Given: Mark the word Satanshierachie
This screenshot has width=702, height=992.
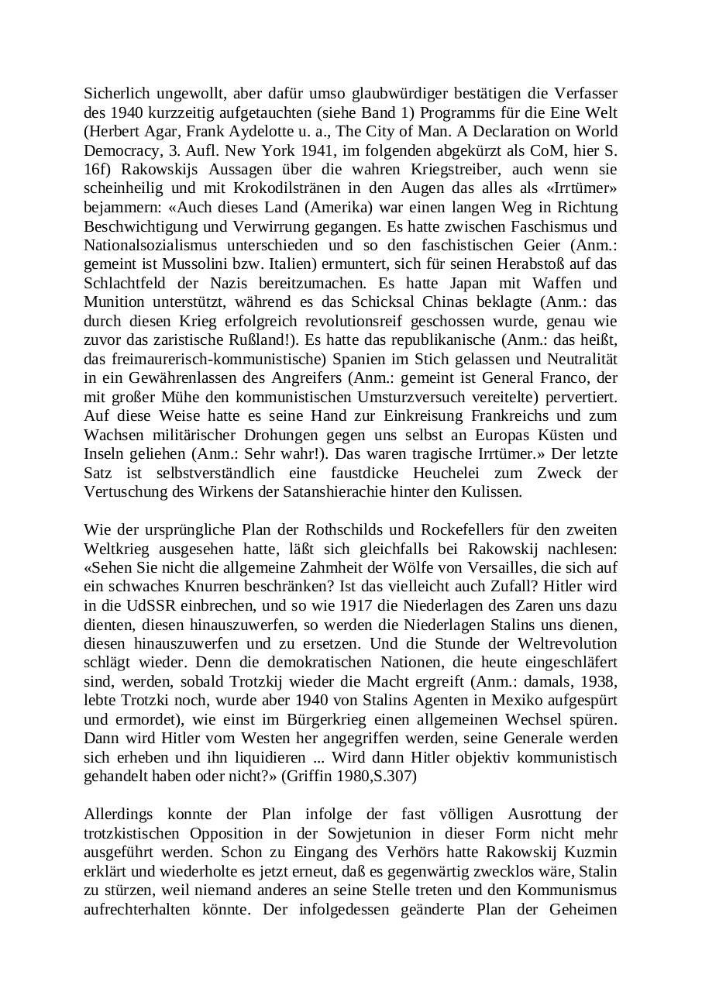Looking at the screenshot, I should (373, 491).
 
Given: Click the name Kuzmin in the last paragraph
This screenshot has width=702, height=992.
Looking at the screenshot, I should (592, 852).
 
